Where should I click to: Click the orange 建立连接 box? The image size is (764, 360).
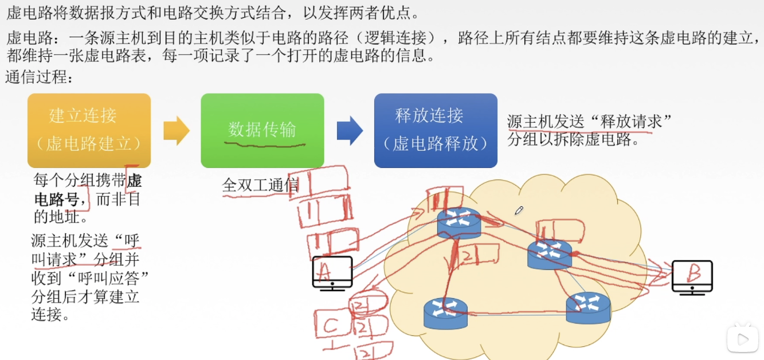click(x=89, y=130)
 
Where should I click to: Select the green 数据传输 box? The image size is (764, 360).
click(x=262, y=130)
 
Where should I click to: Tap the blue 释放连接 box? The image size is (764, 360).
click(x=436, y=130)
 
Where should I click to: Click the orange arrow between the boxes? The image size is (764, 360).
click(x=176, y=131)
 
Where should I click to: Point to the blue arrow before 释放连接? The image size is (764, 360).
click(x=349, y=131)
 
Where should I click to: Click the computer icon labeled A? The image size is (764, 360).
click(x=332, y=273)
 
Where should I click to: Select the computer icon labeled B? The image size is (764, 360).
click(x=692, y=277)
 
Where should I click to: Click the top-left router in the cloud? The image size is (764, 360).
click(x=459, y=222)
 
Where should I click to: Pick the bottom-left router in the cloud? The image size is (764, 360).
click(x=445, y=313)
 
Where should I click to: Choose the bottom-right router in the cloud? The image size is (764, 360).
click(x=588, y=307)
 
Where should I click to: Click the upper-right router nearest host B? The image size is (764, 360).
click(x=550, y=254)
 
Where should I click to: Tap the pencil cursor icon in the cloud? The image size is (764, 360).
click(x=519, y=210)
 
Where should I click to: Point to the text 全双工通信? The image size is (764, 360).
click(x=260, y=185)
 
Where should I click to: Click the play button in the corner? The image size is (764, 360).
click(x=742, y=339)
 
